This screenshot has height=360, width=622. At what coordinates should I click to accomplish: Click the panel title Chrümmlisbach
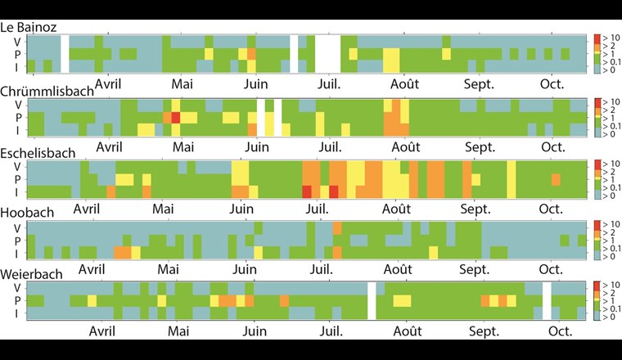pyautogui.click(x=47, y=91)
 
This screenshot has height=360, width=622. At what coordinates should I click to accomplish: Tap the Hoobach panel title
pyautogui.click(x=28, y=213)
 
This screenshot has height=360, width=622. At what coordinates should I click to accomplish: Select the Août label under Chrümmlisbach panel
pyautogui.click(x=405, y=146)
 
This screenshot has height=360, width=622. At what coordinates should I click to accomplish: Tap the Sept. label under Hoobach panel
pyautogui.click(x=475, y=268)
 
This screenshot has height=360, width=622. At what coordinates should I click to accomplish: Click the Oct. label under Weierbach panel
pyautogui.click(x=561, y=331)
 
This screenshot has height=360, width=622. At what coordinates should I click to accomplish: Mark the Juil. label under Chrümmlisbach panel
pyautogui.click(x=329, y=146)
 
